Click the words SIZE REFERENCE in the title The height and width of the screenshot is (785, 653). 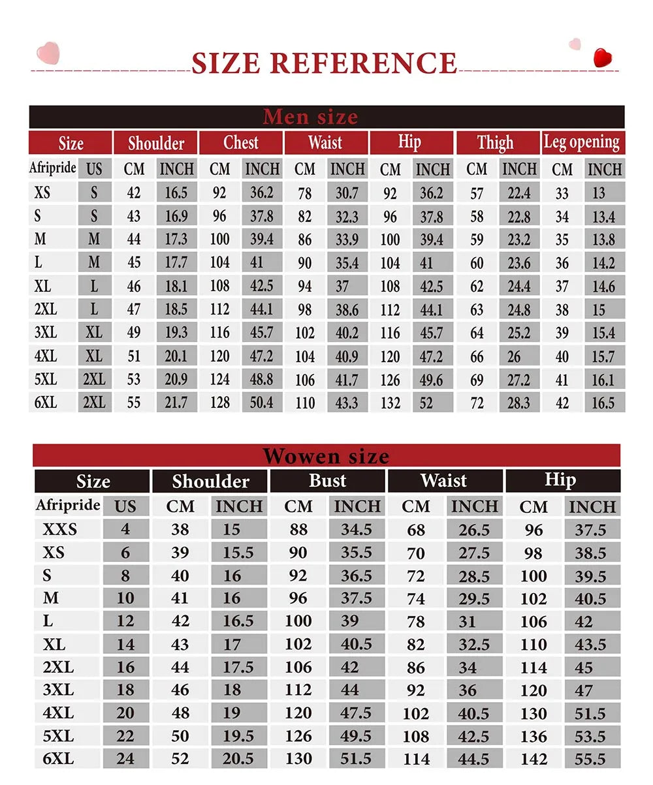tap(324, 63)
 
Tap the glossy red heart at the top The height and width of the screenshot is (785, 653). tap(603, 57)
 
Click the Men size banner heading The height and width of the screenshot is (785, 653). tap(310, 117)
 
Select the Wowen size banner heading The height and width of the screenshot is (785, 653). tap(326, 455)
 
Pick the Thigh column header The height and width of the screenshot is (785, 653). tap(495, 142)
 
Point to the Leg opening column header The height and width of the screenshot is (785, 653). tap(581, 142)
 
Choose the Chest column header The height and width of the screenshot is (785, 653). tap(241, 142)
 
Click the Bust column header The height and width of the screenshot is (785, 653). tap(327, 481)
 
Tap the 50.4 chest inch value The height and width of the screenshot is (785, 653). tap(262, 403)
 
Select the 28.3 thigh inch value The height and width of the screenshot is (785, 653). tap(518, 403)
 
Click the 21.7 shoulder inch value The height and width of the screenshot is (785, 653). tap(176, 403)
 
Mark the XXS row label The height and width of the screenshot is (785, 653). tap(59, 529)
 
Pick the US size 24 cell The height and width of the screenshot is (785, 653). tap(125, 759)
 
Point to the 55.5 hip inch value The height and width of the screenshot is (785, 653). tap(590, 759)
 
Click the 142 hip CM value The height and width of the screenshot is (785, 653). tap(534, 759)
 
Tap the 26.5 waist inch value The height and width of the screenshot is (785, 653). tap(473, 529)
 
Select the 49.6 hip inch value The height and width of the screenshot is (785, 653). tap(432, 380)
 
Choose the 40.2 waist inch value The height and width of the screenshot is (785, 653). tap(347, 333)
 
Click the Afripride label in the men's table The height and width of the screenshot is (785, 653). tap(53, 168)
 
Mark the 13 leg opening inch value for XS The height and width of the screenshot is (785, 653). tap(599, 193)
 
